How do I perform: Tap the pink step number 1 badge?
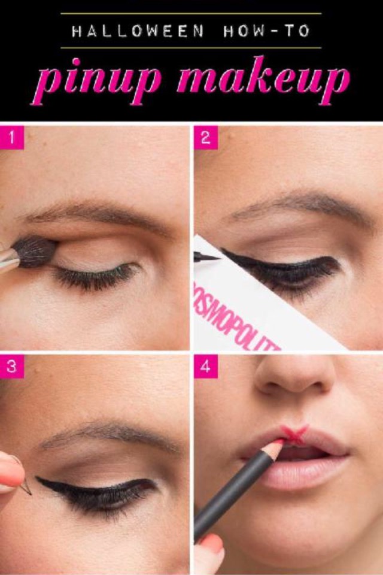12,138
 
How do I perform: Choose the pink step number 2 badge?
206,138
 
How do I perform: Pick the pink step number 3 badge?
12,367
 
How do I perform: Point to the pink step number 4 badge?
206,367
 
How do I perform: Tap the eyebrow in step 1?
96,213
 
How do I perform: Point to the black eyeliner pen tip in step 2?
200,257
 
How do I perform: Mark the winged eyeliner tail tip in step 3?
37,479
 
